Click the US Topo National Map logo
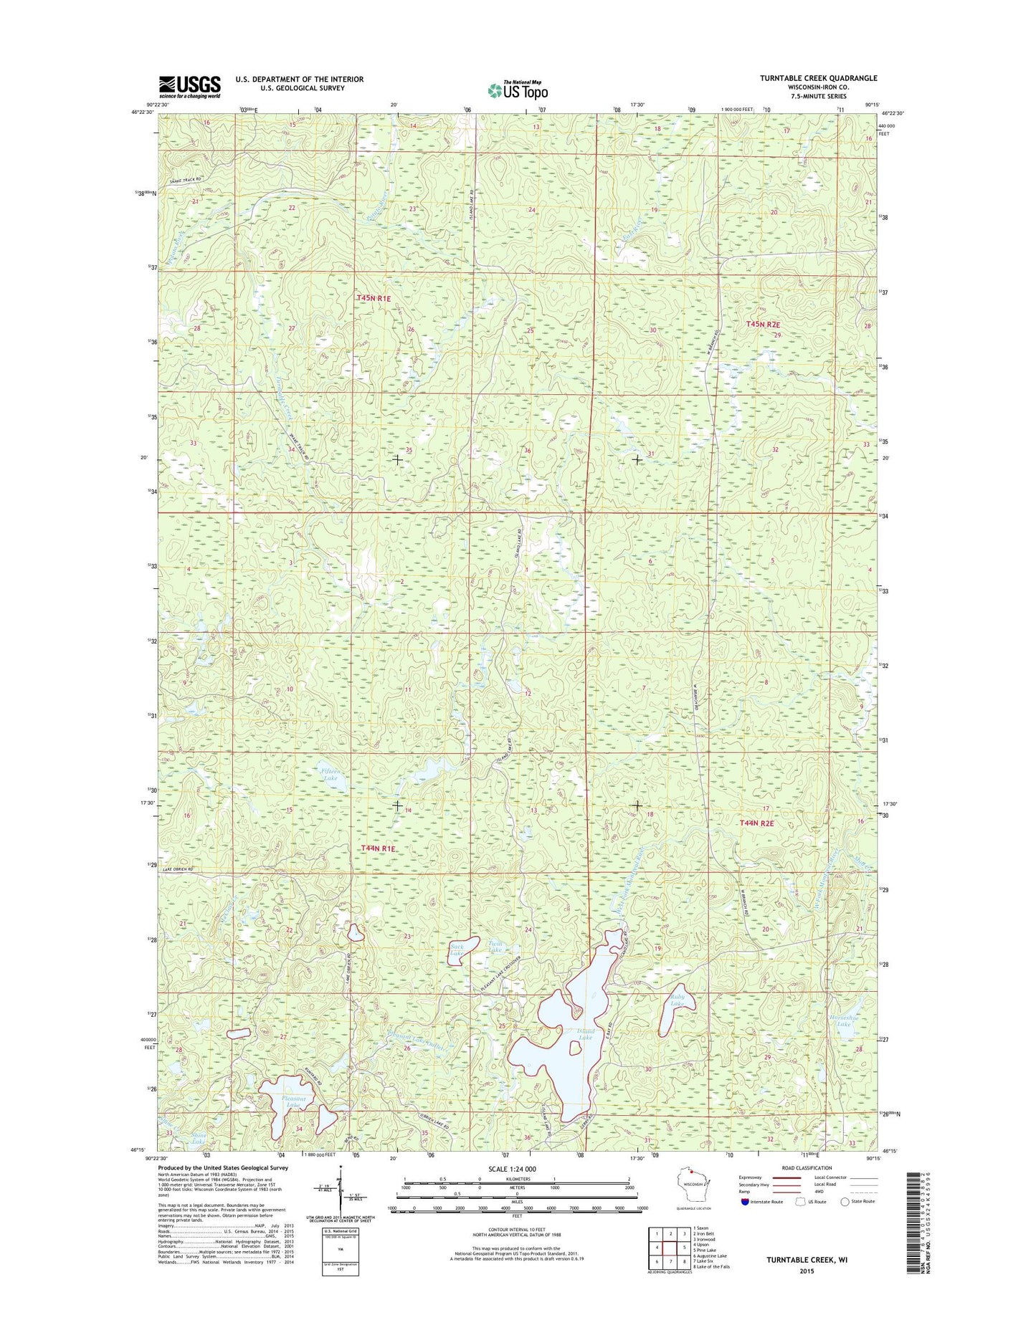(x=518, y=90)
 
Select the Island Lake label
(x=586, y=1035)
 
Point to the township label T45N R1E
(x=374, y=297)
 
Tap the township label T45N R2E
(x=762, y=324)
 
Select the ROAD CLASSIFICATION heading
(x=807, y=1168)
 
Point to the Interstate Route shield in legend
(x=745, y=1201)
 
